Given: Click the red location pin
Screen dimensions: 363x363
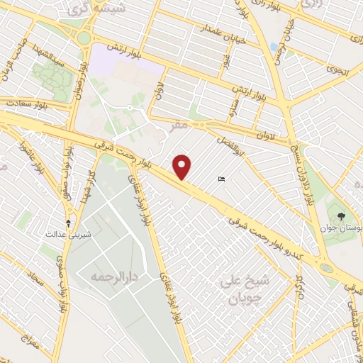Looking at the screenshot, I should [x=183, y=167].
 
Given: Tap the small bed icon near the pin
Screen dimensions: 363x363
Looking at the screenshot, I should [x=222, y=179].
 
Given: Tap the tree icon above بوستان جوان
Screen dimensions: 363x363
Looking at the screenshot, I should [x=342, y=215].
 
